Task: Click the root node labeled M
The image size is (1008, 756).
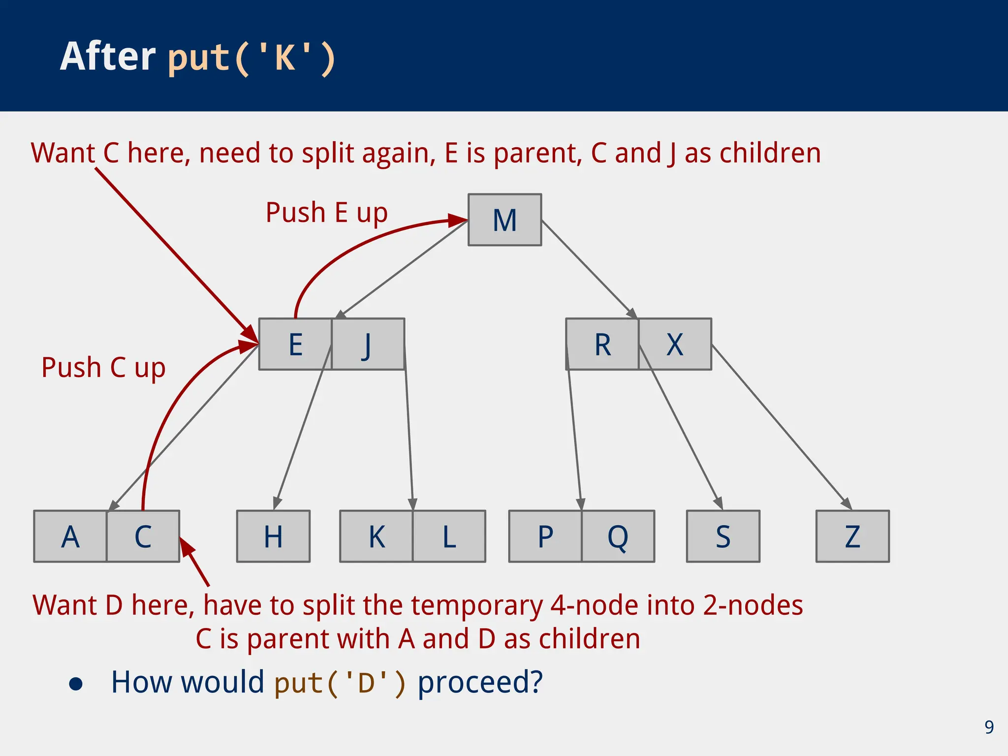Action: (504, 220)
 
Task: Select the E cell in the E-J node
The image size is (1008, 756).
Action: (295, 344)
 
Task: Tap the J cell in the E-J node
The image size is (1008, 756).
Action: (368, 344)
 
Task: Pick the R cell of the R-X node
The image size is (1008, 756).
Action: (602, 344)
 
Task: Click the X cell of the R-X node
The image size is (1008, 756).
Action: (675, 344)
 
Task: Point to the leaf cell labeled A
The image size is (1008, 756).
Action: (70, 536)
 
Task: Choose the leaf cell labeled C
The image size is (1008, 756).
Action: (143, 536)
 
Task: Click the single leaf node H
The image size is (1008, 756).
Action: (273, 536)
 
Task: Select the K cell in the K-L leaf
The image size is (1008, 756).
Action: (377, 536)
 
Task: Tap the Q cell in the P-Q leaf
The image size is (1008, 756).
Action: (618, 536)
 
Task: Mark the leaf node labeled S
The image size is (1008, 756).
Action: (723, 536)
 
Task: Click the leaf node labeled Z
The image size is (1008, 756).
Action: (852, 536)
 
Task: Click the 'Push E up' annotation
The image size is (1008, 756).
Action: (326, 213)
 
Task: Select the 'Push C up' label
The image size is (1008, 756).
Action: (103, 368)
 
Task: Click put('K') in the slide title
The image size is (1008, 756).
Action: (252, 58)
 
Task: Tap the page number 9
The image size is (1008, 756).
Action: (989, 727)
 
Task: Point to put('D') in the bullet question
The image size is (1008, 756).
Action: (340, 683)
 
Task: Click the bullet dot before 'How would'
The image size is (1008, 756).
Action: (76, 684)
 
